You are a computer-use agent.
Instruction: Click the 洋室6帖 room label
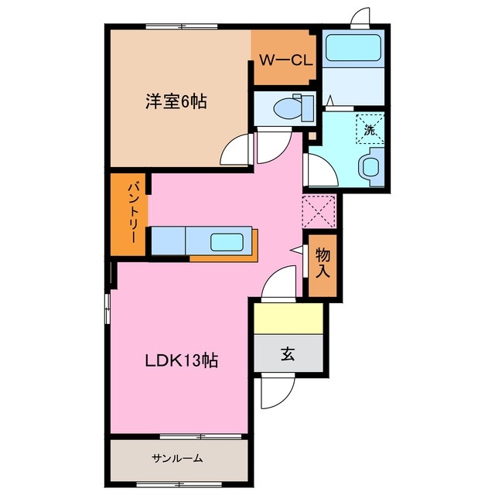(x=177, y=101)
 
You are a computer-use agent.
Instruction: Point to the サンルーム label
(x=176, y=459)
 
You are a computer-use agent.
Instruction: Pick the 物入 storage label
(x=323, y=264)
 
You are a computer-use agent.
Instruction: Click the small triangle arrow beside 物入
(x=296, y=250)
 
